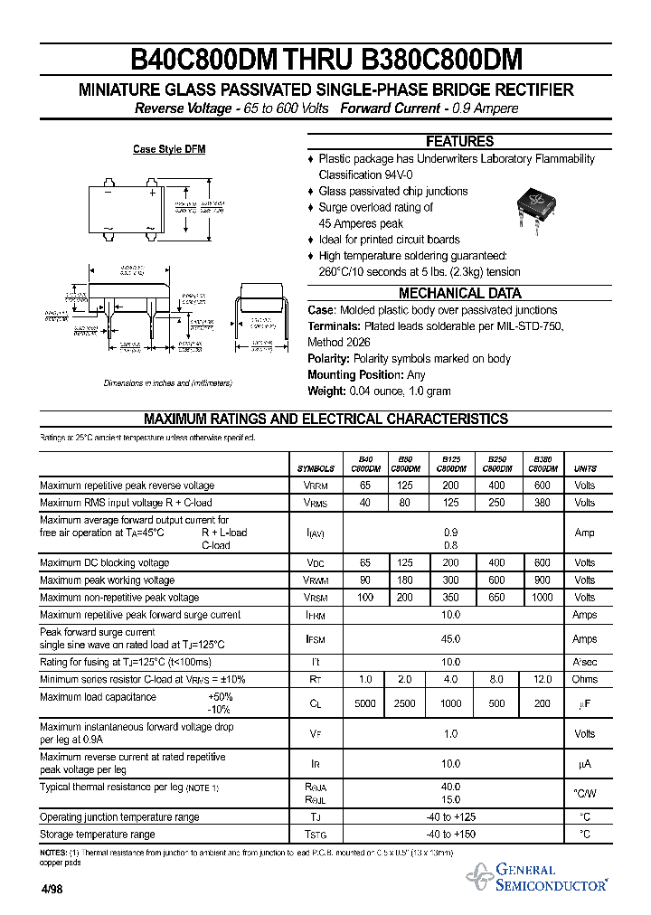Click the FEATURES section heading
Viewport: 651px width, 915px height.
tap(460, 141)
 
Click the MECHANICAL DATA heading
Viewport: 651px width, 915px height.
tap(460, 293)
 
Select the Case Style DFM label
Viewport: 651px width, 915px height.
tap(169, 149)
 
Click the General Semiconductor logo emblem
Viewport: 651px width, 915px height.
tap(479, 876)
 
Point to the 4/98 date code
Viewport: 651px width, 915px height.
tap(53, 888)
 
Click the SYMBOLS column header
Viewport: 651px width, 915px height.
tap(316, 468)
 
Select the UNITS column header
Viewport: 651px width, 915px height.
tap(585, 468)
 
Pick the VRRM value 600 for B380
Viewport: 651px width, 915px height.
tap(542, 486)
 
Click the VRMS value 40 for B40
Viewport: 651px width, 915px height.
tap(365, 503)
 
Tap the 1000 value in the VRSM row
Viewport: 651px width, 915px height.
tap(542, 598)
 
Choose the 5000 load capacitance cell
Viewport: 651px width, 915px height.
tap(365, 703)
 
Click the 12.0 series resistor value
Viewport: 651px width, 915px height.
tap(542, 679)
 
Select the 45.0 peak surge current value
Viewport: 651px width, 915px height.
tap(450, 639)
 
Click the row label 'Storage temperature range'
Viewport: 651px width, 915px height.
tap(98, 835)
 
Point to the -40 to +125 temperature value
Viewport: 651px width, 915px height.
tap(450, 817)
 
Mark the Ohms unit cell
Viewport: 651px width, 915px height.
tap(585, 679)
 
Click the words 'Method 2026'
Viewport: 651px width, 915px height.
tap(338, 343)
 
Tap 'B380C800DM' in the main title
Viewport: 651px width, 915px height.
tap(442, 61)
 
